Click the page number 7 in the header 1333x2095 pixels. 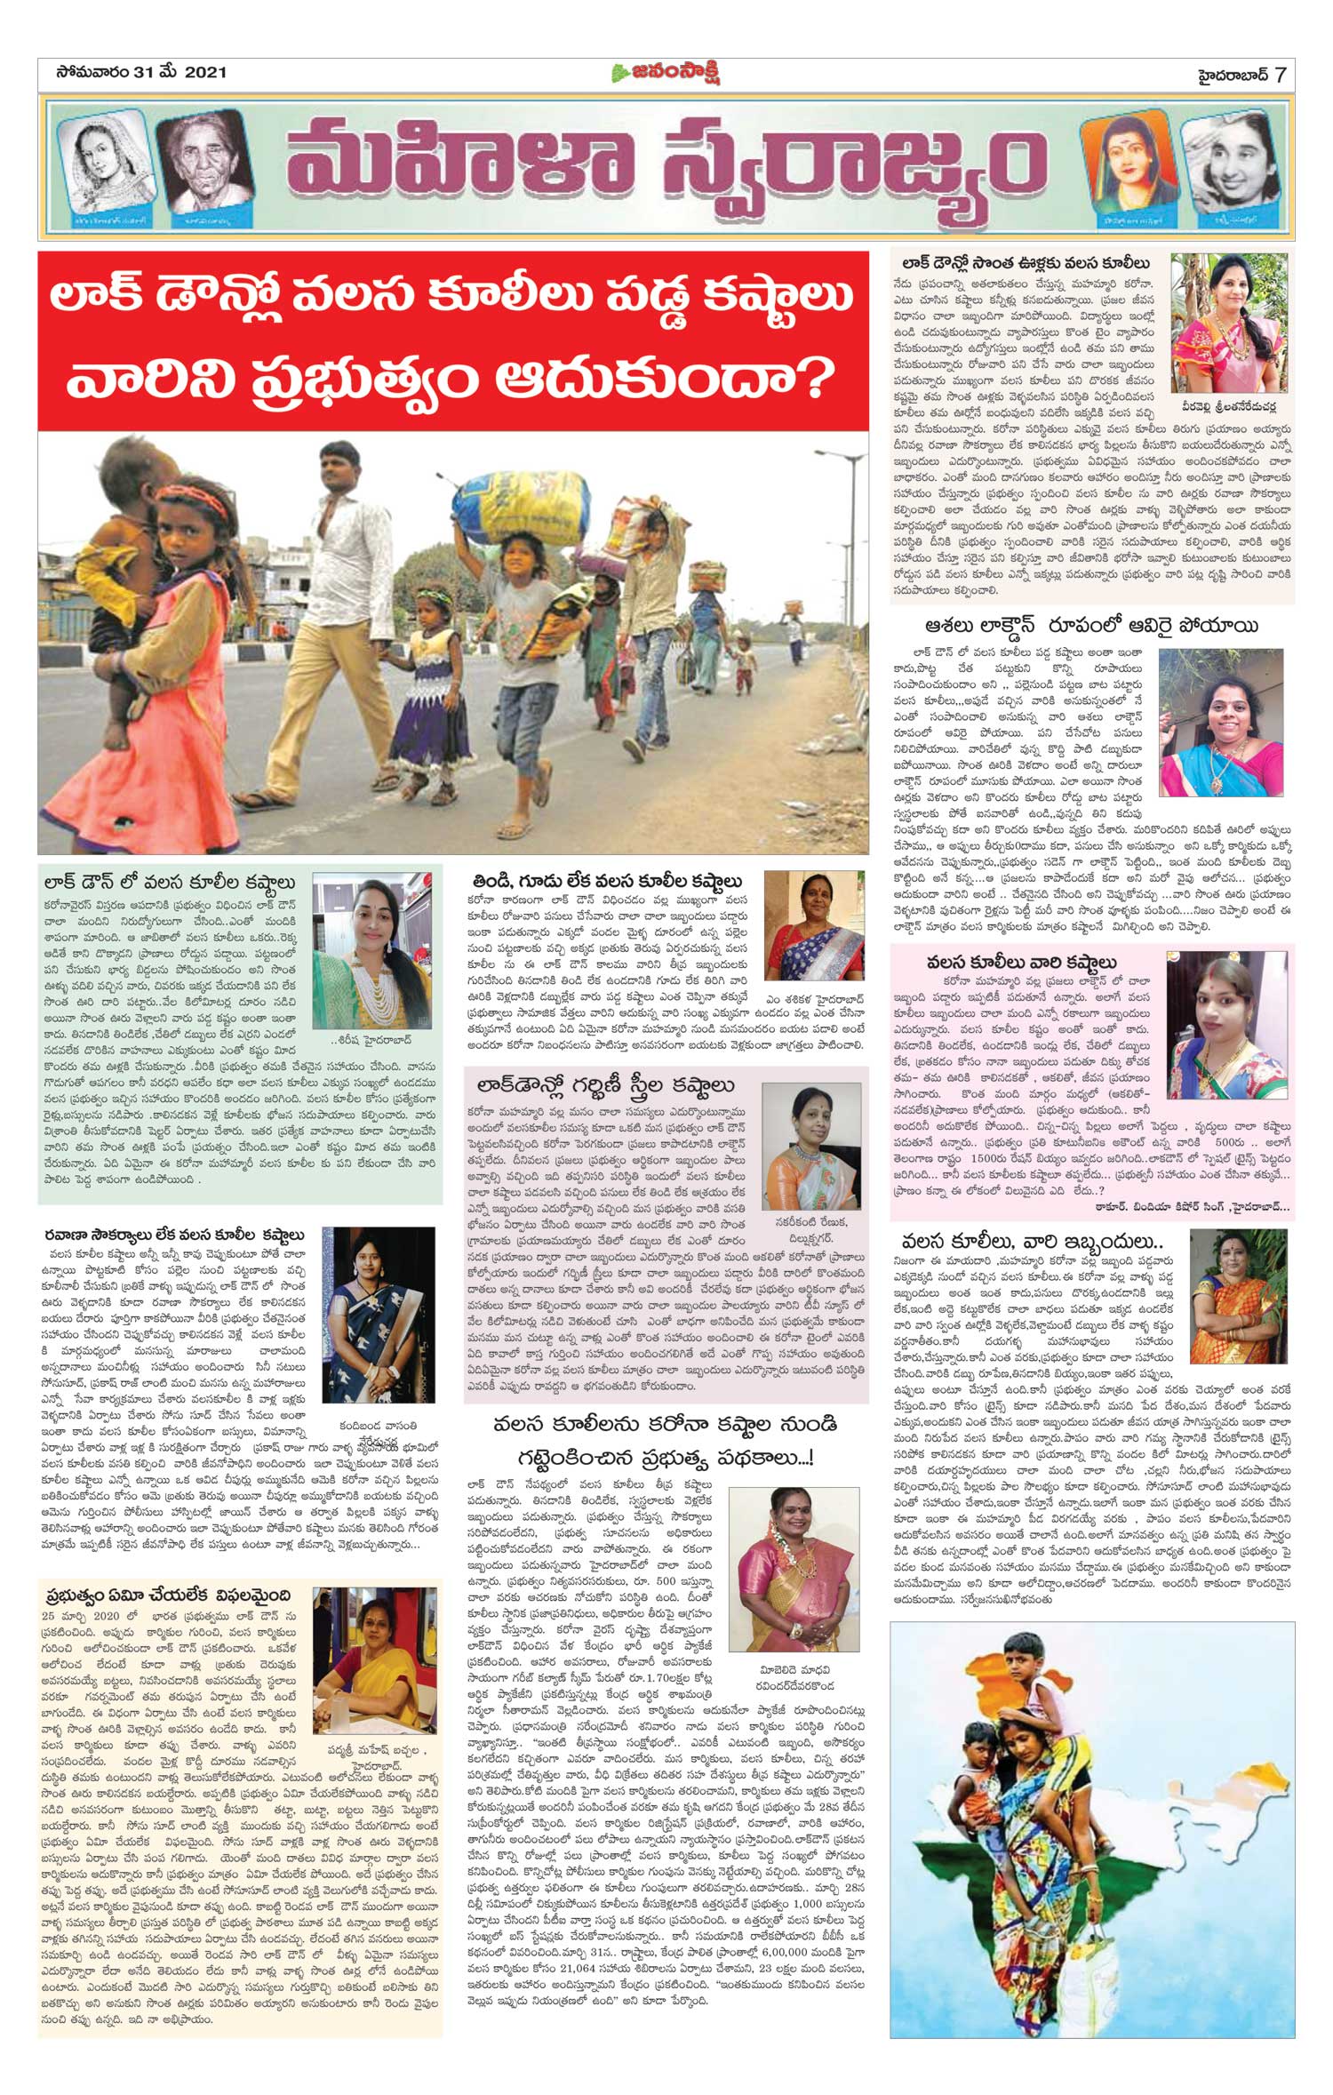click(x=1281, y=74)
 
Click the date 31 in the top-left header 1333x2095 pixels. click(x=144, y=72)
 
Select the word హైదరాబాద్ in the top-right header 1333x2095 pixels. click(x=1231, y=74)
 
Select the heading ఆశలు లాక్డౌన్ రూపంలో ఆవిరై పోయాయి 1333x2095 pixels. click(x=1092, y=626)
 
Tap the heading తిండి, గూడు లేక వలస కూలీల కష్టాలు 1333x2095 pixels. click(x=607, y=881)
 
